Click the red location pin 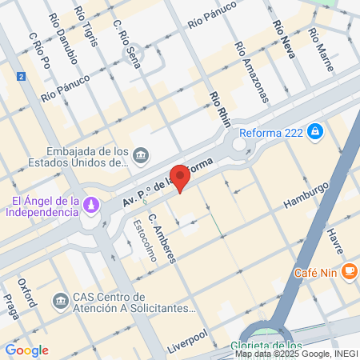point(182,177)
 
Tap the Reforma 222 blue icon point(317,130)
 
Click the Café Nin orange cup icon point(348,272)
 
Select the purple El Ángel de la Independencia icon point(93,206)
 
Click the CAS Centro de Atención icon point(60,301)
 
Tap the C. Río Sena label point(128,43)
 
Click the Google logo point(26,350)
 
